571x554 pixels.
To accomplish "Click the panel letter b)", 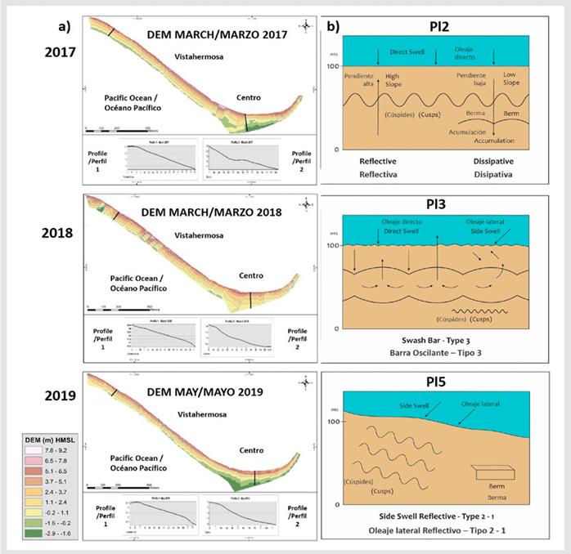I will [333, 27].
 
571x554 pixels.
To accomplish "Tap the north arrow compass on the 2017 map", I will [305, 26].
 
